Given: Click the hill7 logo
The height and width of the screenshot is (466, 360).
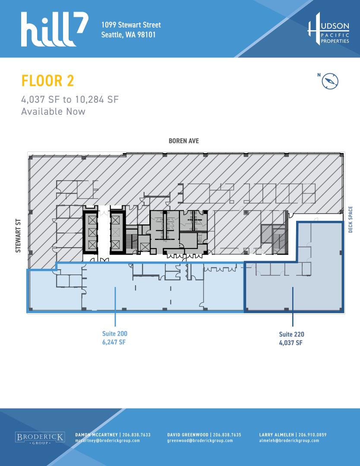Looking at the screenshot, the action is [x=54, y=29].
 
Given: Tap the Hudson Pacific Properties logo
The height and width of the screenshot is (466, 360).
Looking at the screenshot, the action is [x=328, y=29].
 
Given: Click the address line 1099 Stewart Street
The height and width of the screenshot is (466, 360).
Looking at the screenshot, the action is [x=131, y=25].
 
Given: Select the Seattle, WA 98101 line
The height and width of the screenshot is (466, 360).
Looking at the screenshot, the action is [x=129, y=35].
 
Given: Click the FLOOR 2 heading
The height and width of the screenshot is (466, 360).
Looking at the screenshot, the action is [x=47, y=81].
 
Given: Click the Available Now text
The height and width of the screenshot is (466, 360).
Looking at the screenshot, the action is [x=53, y=111].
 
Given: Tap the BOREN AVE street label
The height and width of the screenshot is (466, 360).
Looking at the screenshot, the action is [x=184, y=141].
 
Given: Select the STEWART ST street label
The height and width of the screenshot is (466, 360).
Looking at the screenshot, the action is [x=18, y=236].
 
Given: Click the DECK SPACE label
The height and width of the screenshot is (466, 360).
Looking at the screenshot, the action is [x=351, y=219].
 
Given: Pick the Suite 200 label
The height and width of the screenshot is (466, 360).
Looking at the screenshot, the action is [x=115, y=334].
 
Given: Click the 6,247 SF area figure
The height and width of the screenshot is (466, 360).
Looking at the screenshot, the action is [x=114, y=342].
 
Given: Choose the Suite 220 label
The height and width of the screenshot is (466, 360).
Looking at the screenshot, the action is [x=292, y=334].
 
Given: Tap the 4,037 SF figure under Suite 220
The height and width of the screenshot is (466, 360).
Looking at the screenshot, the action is [x=291, y=343].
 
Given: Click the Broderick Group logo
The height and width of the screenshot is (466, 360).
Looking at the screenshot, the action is [x=40, y=438].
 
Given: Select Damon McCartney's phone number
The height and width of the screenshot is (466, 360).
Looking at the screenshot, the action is [x=136, y=435].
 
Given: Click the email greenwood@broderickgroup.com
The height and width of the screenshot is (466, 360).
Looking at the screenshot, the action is [x=200, y=441].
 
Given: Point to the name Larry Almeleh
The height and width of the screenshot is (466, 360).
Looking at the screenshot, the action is [x=276, y=435].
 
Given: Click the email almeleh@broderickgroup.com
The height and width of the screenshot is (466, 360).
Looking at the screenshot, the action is [x=289, y=441].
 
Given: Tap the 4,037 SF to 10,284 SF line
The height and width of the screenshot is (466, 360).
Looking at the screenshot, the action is [x=70, y=99].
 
